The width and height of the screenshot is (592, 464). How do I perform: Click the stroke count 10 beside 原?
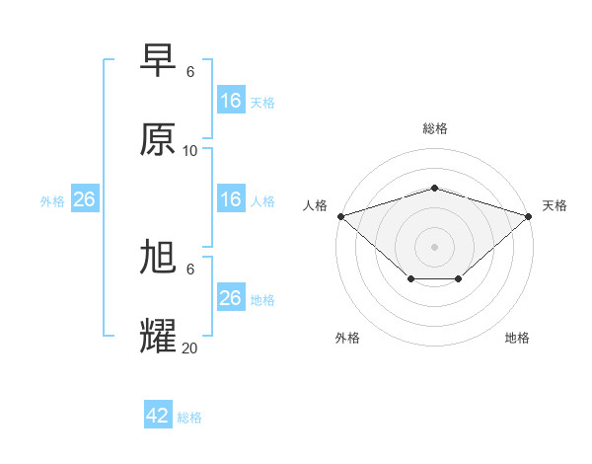tap(190, 150)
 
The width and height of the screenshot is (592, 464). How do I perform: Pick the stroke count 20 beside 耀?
tap(190, 348)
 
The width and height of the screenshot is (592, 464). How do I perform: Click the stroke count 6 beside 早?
tap(190, 71)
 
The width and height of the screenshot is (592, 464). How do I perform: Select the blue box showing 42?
tap(158, 416)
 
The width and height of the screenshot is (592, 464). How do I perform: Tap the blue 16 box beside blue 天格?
tap(230, 101)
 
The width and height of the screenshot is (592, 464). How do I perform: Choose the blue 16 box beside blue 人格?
tap(230, 199)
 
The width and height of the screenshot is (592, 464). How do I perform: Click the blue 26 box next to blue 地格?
tap(230, 298)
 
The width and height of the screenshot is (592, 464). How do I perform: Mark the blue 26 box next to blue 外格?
tap(84, 199)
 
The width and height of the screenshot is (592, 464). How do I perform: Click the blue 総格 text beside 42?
tap(189, 418)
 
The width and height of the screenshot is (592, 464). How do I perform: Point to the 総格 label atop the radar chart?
tap(434, 128)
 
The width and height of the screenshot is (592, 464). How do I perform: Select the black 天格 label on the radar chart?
tap(555, 205)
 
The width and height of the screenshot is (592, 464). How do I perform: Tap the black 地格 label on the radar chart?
tap(517, 338)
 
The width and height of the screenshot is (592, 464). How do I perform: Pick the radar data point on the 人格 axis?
tap(340, 215)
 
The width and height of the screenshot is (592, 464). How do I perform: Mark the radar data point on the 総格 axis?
tap(434, 188)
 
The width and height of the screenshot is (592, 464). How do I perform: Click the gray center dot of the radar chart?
tap(434, 246)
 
